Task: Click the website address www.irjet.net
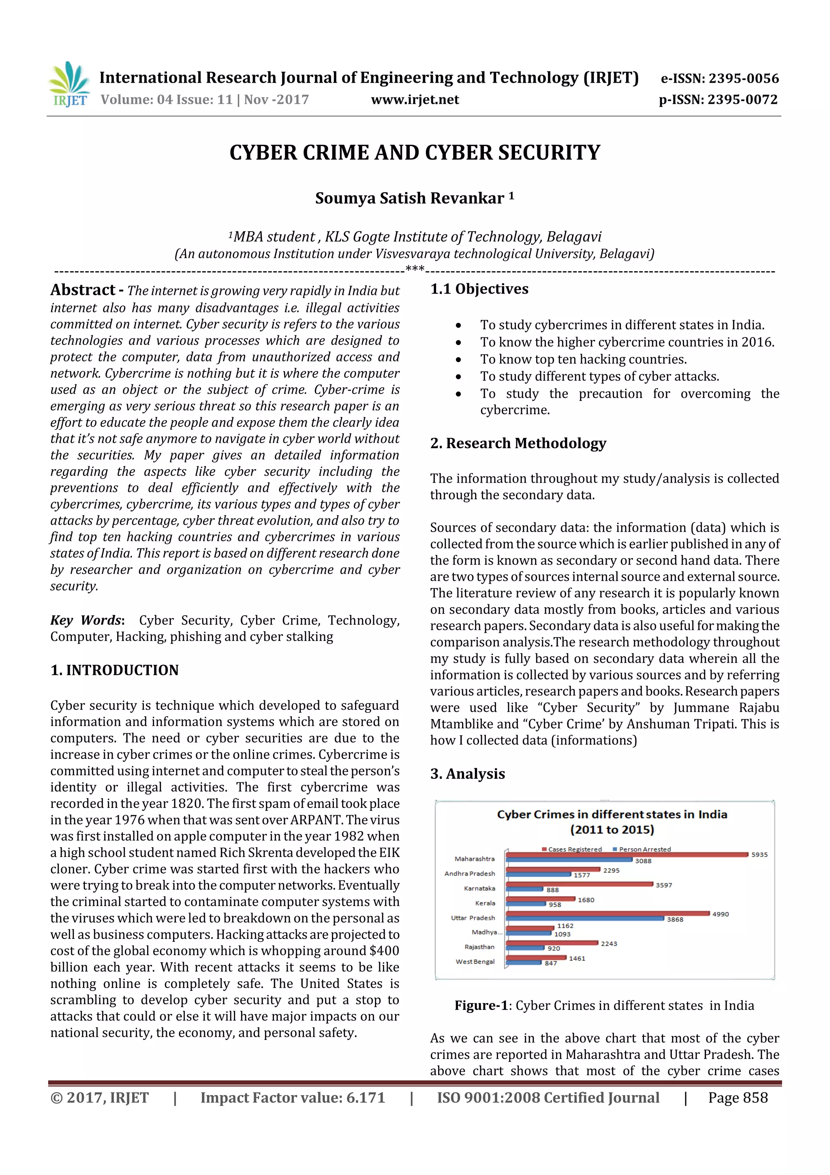(x=415, y=100)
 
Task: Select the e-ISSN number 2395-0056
(x=743, y=78)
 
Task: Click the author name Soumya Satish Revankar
(x=409, y=198)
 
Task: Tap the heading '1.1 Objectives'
(x=479, y=289)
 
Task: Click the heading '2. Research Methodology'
(x=518, y=443)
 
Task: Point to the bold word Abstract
(x=83, y=290)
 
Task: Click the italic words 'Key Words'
(x=86, y=620)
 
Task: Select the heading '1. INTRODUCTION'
(x=115, y=670)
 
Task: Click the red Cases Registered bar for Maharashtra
(x=627, y=854)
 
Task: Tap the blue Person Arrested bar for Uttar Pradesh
(x=585, y=918)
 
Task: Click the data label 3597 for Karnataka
(x=664, y=885)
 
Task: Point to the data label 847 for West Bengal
(x=551, y=963)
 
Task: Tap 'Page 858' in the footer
(x=738, y=1098)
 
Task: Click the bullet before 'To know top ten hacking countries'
(x=458, y=360)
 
